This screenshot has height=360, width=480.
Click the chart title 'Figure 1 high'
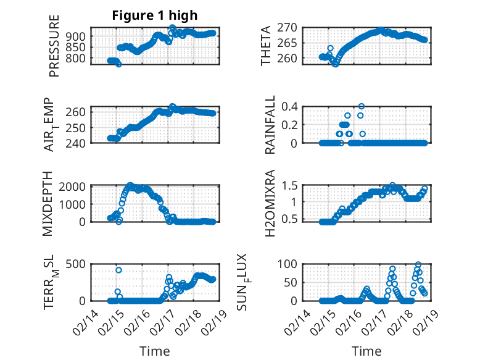[154, 15]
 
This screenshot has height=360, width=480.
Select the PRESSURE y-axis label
[54, 51]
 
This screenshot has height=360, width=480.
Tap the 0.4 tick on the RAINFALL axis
[289, 106]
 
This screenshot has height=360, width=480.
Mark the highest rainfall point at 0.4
[362, 106]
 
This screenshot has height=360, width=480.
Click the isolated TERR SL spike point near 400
[118, 270]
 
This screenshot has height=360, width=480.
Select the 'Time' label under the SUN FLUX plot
[366, 351]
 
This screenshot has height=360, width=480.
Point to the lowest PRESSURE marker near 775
[118, 64]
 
